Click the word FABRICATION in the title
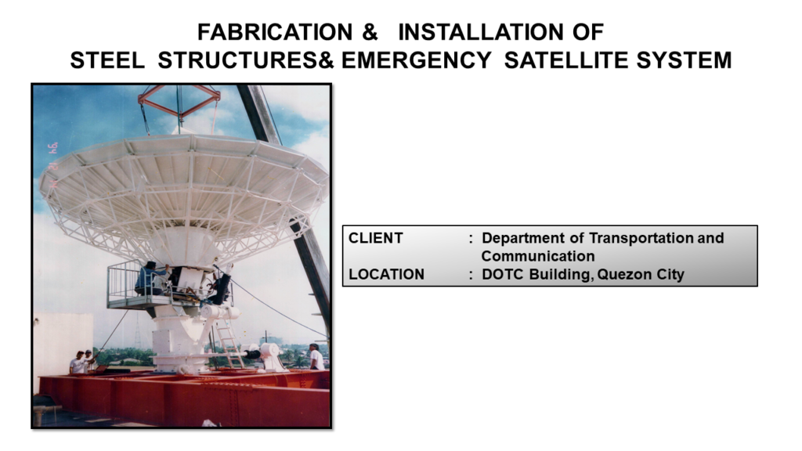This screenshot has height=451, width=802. point(275,32)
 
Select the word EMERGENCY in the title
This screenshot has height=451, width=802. point(417,60)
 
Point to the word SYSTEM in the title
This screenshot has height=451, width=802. point(684,60)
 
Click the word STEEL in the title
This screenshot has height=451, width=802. point(107,60)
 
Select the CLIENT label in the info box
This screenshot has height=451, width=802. point(375,238)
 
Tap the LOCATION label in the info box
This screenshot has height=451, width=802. point(386,275)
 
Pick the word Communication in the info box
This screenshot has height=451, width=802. point(538,256)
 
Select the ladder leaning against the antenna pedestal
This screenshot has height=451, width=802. point(229,344)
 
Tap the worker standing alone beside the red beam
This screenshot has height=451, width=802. point(316,356)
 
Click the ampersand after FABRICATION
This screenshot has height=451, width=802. point(370,32)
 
